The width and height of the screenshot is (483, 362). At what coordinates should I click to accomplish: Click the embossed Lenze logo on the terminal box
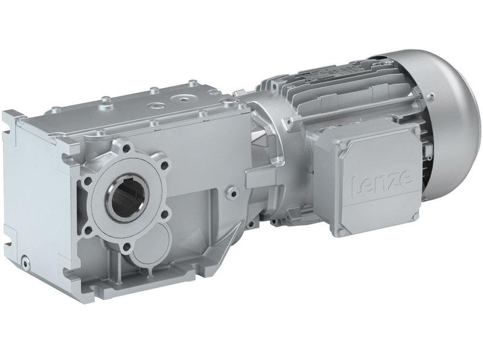(373, 180)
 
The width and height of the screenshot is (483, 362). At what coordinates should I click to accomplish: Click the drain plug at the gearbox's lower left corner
(25, 261)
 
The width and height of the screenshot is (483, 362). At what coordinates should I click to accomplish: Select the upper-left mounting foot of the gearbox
(12, 118)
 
